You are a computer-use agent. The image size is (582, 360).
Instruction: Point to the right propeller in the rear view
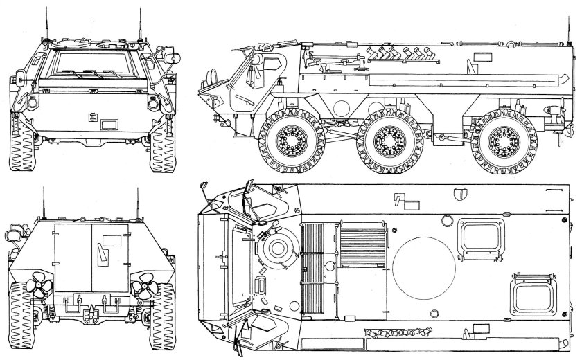[x=146, y=282]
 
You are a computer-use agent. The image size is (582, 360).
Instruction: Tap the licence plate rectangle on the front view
[x=109, y=125]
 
